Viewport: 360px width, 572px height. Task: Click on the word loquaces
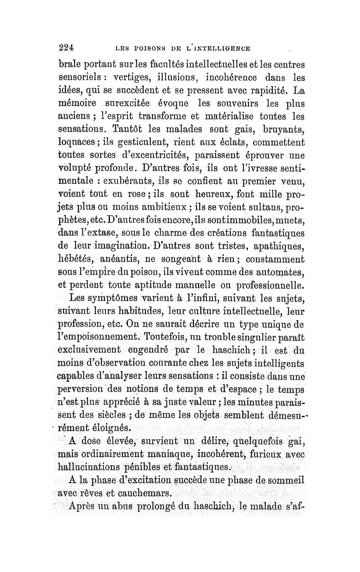point(81,145)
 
